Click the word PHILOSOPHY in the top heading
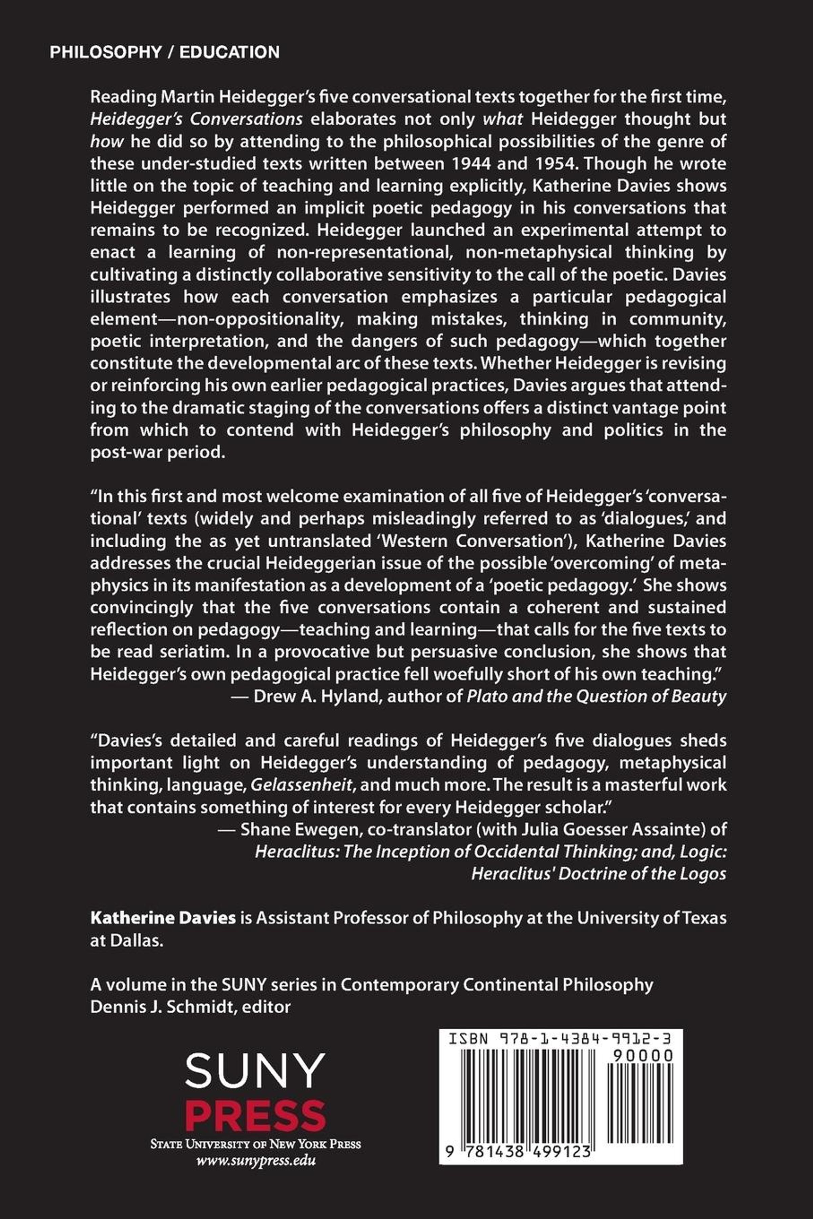[x=106, y=52]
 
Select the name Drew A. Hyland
[x=318, y=696]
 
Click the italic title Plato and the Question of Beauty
[x=596, y=696]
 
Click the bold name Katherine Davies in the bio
[x=163, y=918]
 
